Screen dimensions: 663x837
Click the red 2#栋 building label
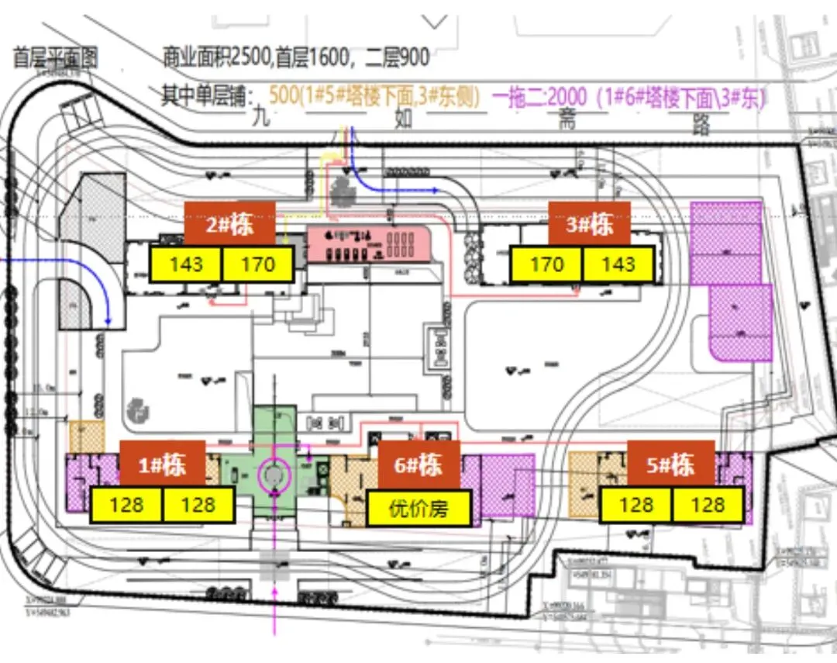click(229, 224)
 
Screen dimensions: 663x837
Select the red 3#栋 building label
click(590, 224)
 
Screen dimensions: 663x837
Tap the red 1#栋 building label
click(163, 465)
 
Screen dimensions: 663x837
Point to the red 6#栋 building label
click(419, 465)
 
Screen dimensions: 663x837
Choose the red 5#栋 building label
click(671, 465)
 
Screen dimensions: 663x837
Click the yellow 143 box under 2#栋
click(186, 264)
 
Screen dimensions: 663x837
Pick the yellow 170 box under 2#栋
click(258, 264)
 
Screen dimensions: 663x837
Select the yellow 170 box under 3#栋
click(546, 264)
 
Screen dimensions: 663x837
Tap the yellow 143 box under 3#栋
click(618, 264)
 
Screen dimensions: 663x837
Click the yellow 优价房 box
click(419, 509)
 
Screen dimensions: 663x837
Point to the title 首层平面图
click(55, 58)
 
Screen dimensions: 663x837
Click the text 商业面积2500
click(211, 57)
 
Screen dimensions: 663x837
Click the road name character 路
click(701, 124)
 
